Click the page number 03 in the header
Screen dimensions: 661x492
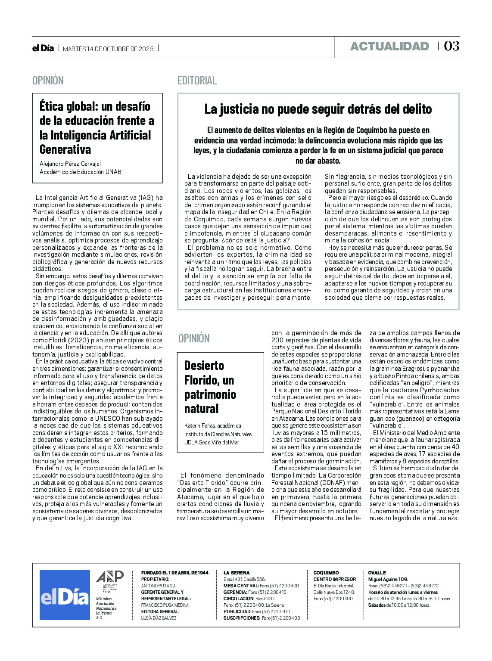point(452,46)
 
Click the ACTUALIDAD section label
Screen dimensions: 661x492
point(389,47)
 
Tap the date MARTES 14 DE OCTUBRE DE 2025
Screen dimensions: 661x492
point(108,49)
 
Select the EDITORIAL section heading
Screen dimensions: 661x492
point(197,81)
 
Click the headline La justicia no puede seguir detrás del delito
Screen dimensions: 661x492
point(318,109)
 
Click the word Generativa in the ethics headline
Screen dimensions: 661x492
point(65,149)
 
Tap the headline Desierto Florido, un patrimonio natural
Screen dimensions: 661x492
point(210,387)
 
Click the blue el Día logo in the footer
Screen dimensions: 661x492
point(65,595)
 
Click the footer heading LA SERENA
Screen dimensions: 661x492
point(236,573)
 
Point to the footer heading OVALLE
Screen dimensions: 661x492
point(377,573)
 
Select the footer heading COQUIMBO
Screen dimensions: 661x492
point(326,573)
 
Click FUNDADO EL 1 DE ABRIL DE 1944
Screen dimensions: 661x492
point(174,573)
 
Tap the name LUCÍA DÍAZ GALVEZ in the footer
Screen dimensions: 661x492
point(159,618)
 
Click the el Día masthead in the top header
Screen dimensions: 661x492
point(43,48)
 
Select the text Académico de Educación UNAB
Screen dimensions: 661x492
point(80,172)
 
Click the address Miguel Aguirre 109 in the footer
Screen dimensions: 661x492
point(388,579)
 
